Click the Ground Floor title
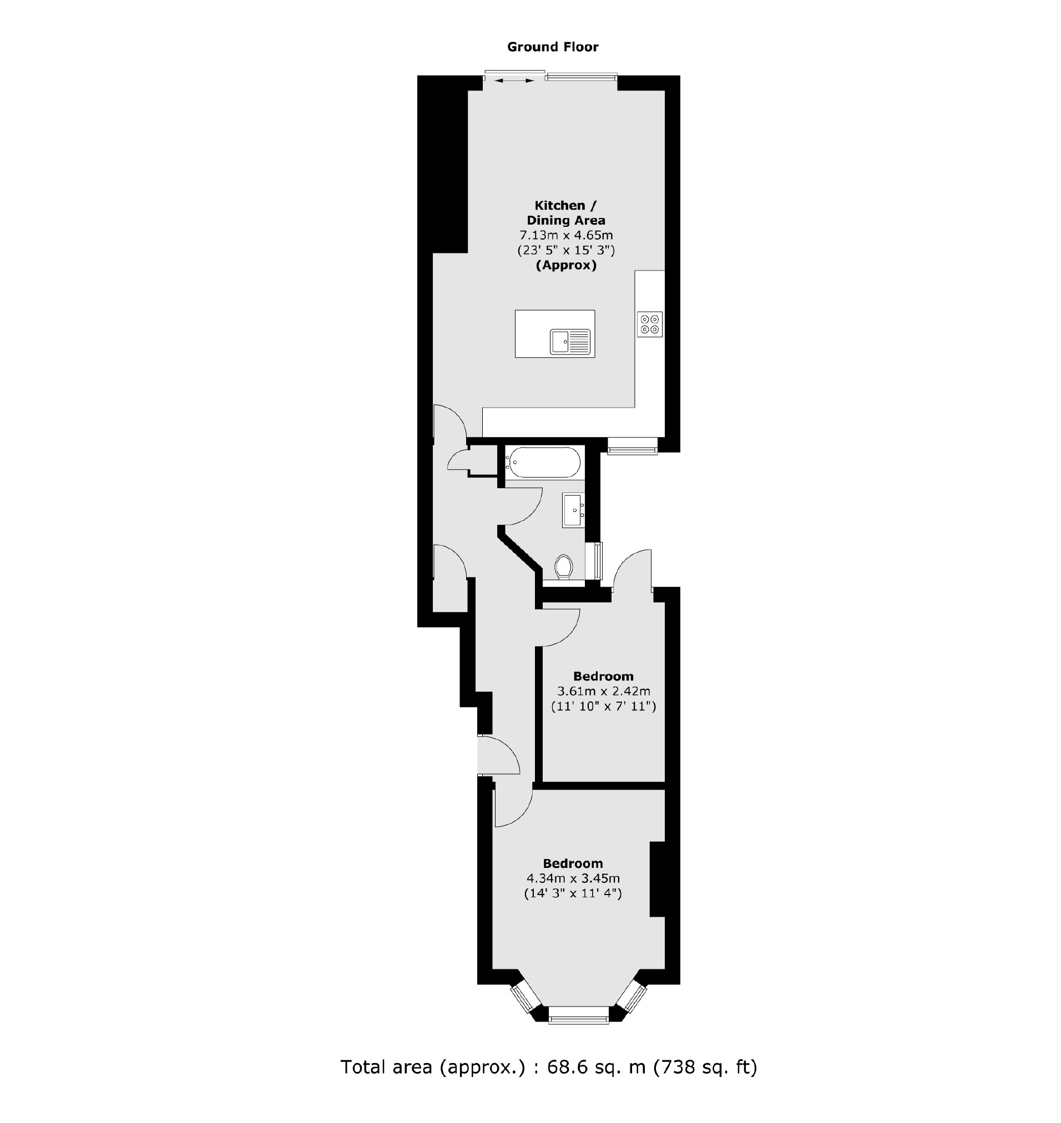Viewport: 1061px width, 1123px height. click(x=553, y=47)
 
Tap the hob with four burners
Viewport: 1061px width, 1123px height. click(x=649, y=324)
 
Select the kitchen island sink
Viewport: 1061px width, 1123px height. click(x=569, y=342)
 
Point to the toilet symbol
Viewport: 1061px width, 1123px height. click(x=563, y=566)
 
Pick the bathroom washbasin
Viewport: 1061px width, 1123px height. click(x=573, y=510)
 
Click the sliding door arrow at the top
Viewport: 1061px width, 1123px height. click(x=514, y=81)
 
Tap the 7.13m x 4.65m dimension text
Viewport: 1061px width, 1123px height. click(x=566, y=235)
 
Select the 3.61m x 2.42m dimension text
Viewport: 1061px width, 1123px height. click(x=603, y=690)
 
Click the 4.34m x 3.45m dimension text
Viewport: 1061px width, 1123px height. click(x=573, y=878)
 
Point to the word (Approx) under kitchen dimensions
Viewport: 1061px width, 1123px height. click(x=566, y=265)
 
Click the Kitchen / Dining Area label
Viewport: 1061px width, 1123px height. click(x=565, y=213)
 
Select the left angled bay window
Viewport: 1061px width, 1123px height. click(x=523, y=998)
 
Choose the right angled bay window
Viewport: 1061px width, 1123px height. click(x=631, y=998)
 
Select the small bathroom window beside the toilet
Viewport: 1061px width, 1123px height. click(x=598, y=561)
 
